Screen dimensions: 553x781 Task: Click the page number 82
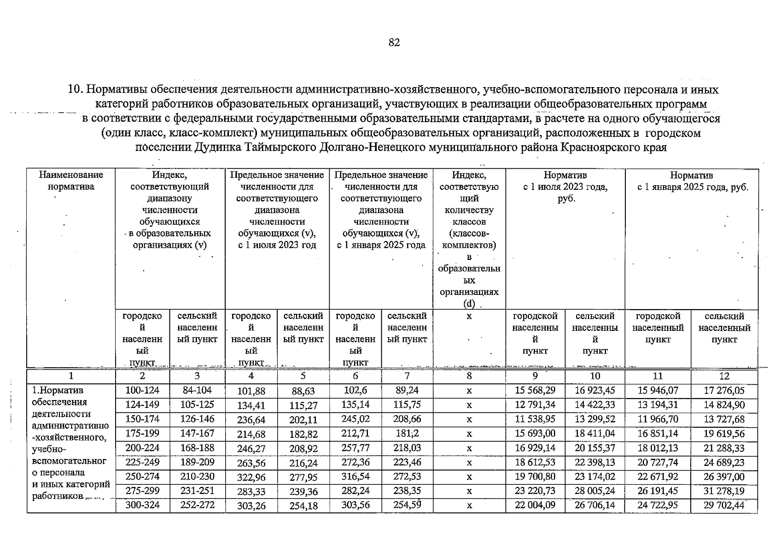click(394, 43)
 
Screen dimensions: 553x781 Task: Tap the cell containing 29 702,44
click(724, 505)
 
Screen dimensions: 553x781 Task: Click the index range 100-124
click(142, 390)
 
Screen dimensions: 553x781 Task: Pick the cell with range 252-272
click(197, 505)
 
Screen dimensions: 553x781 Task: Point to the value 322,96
click(251, 477)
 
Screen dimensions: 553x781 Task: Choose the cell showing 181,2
click(407, 434)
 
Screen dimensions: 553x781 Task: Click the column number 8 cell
click(469, 376)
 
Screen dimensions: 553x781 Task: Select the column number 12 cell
click(724, 376)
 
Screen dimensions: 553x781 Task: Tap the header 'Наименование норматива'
click(71, 181)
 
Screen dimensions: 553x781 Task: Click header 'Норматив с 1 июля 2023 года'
click(565, 187)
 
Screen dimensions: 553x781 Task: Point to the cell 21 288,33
click(724, 448)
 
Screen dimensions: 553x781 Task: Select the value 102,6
click(356, 390)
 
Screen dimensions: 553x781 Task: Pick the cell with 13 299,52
click(594, 419)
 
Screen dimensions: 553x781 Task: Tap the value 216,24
click(303, 463)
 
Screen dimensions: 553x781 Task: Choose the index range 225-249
click(142, 462)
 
